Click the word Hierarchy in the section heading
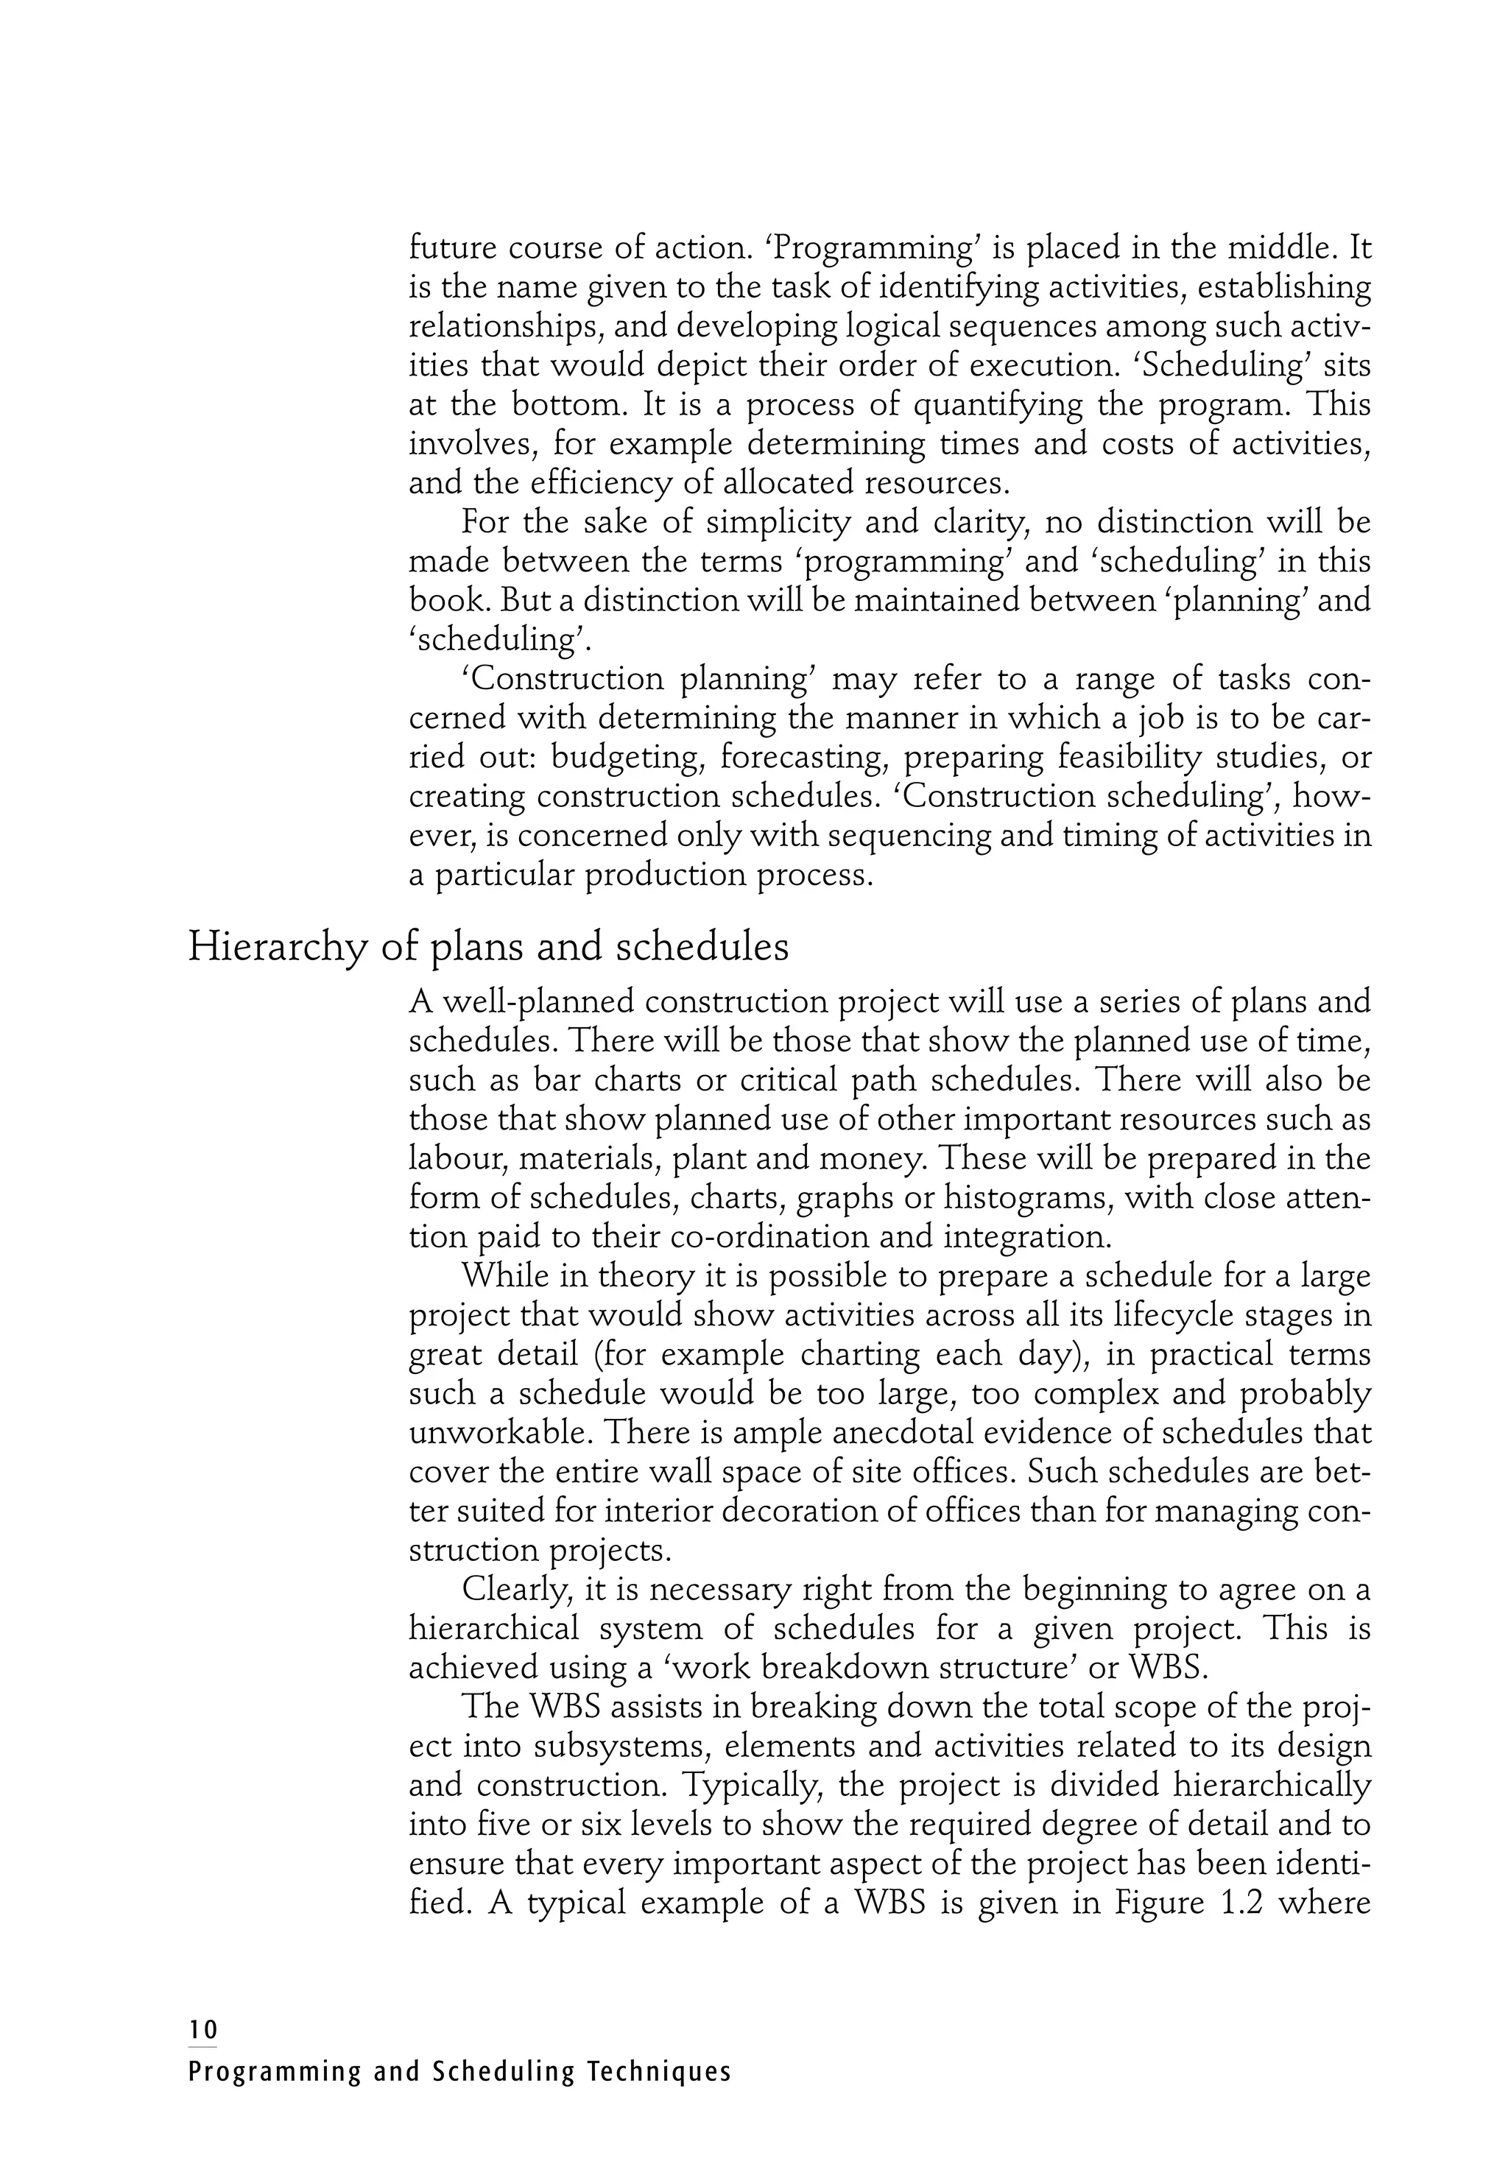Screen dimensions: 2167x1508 275,948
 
